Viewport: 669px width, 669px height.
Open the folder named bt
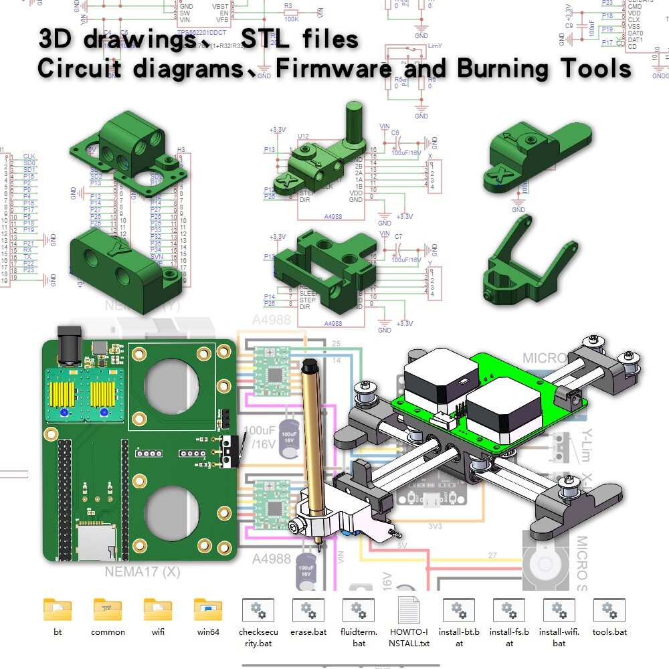point(58,609)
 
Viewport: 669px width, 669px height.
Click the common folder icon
point(108,609)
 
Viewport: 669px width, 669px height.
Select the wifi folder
point(158,609)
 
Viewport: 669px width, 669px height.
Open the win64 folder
point(208,609)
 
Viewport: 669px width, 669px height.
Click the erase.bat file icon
point(308,610)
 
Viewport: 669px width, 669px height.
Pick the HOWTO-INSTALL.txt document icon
point(408,610)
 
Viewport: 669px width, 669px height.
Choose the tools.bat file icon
point(609,610)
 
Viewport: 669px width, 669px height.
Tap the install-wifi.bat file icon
point(559,610)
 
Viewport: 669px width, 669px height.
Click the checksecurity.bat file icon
point(258,610)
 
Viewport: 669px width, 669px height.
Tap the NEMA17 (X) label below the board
point(142,572)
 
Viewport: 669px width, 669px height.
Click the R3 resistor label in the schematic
point(288,5)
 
